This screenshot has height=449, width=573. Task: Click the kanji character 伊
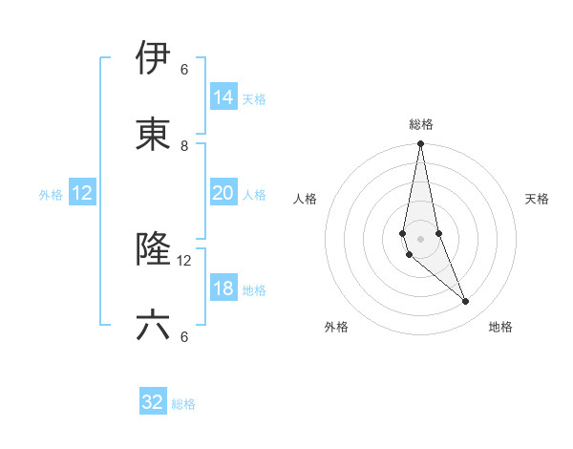point(153,58)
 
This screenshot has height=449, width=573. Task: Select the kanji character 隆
point(153,249)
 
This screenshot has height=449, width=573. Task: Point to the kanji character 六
point(153,326)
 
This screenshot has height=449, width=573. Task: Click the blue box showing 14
point(223,97)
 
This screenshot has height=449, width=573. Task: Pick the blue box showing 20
point(223,193)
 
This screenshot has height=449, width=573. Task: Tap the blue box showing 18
point(223,289)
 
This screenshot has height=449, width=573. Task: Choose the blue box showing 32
point(153,402)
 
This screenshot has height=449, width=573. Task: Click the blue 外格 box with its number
point(82,193)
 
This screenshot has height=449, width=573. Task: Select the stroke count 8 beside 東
point(184,146)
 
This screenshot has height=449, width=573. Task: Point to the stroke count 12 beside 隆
point(184,260)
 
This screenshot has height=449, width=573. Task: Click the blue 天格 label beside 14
point(254,98)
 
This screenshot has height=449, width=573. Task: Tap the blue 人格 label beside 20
point(254,194)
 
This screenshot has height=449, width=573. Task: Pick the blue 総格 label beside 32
point(183,403)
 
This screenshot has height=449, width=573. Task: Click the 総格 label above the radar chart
point(421,124)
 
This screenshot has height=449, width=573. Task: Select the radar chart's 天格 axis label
point(538,199)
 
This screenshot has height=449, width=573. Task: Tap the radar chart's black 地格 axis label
point(500,327)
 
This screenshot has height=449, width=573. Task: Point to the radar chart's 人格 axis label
point(305,199)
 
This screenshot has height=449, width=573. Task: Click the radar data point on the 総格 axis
point(421,144)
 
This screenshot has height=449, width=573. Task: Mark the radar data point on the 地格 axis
point(466,302)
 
